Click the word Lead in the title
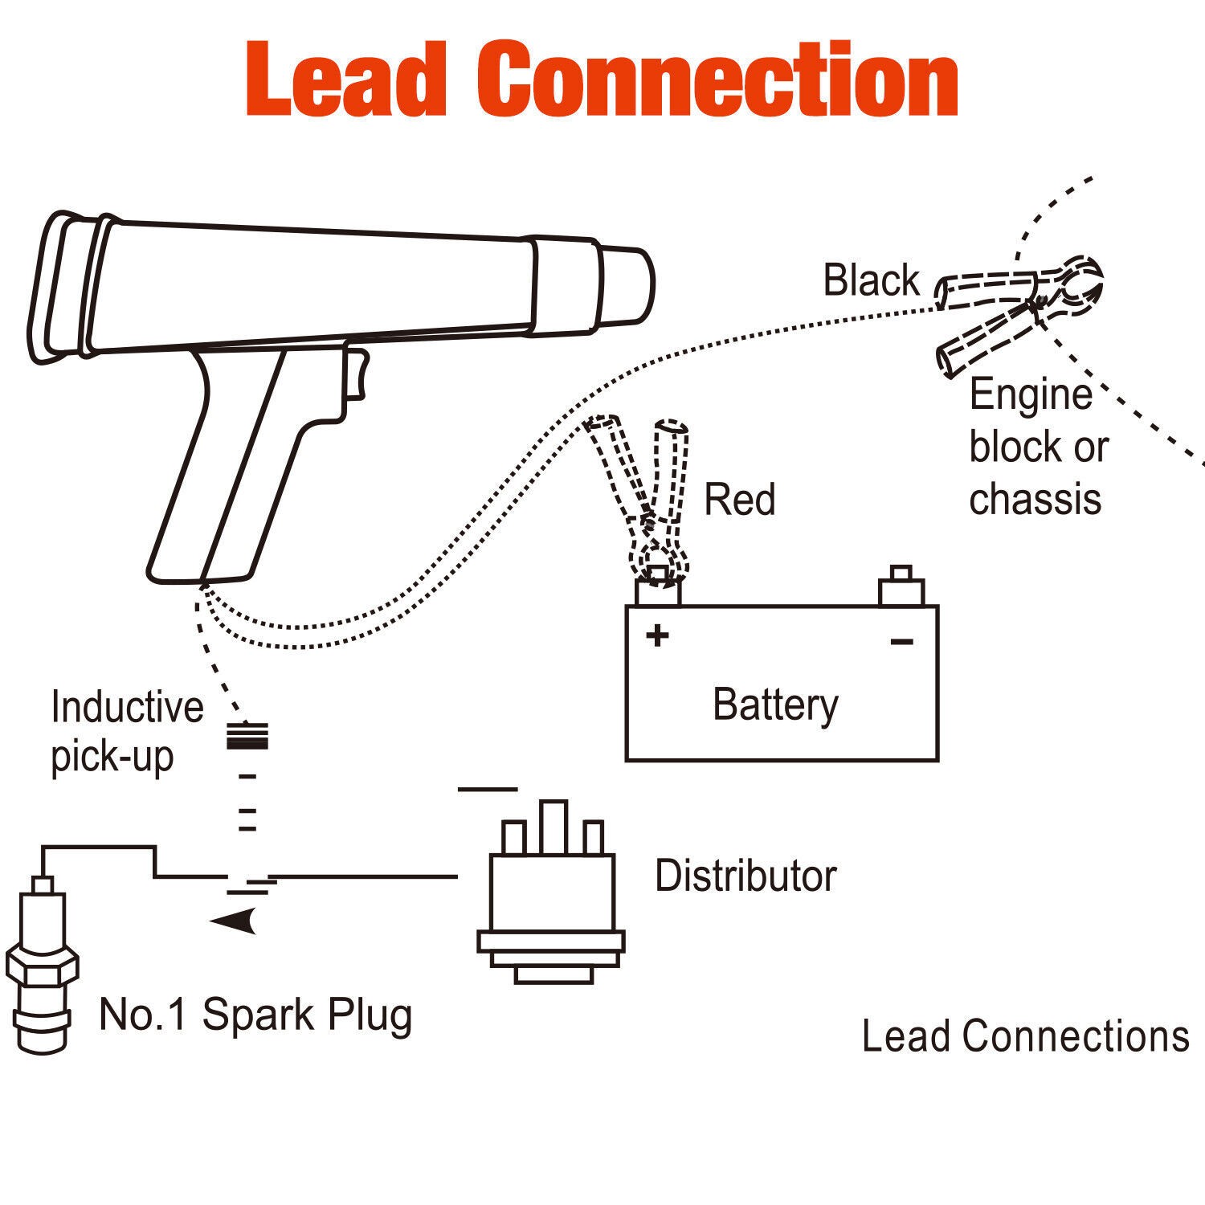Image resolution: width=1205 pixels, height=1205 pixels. click(x=345, y=79)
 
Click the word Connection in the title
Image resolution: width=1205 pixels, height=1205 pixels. click(x=717, y=79)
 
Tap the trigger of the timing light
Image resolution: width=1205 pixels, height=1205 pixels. click(x=355, y=374)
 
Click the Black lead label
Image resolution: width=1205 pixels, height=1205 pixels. click(x=871, y=280)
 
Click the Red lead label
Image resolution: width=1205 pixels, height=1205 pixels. click(x=739, y=500)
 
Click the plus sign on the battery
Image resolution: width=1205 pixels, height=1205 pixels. click(x=657, y=636)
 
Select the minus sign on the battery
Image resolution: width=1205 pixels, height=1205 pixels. click(x=901, y=641)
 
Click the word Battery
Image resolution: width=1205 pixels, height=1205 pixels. click(x=775, y=705)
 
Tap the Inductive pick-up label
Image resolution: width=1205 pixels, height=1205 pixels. click(x=126, y=731)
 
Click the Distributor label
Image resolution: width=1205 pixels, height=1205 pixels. click(x=745, y=876)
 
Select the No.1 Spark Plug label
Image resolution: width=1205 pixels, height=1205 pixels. click(x=255, y=1015)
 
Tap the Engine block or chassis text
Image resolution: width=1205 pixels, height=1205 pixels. click(x=1036, y=447)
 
